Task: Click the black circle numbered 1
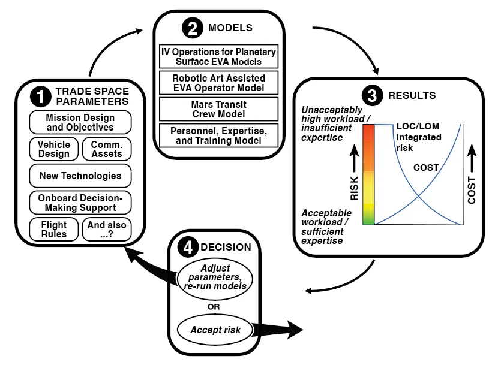(41, 96)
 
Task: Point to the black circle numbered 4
(188, 247)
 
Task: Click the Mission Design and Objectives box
(80, 123)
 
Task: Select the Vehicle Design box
(54, 149)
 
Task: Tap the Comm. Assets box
(106, 149)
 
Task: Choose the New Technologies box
(80, 176)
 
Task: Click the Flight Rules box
(54, 229)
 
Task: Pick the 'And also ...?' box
(106, 229)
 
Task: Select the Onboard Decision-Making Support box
(80, 203)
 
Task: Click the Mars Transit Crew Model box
(219, 109)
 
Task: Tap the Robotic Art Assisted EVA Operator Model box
(219, 83)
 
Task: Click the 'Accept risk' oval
(214, 330)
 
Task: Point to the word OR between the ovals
(214, 306)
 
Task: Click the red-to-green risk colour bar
(368, 174)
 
